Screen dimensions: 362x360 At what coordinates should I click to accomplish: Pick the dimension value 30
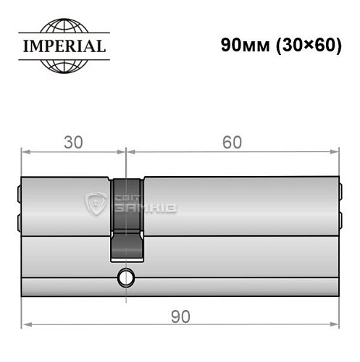[x=72, y=142]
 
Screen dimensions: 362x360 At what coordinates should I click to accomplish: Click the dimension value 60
[x=232, y=142]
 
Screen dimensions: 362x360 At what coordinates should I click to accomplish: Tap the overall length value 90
[x=180, y=316]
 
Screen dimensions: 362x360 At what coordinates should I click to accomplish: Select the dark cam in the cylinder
[x=127, y=217]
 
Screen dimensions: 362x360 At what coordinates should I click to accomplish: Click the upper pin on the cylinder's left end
[x=19, y=193]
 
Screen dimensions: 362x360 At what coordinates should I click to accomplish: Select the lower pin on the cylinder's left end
[x=19, y=218]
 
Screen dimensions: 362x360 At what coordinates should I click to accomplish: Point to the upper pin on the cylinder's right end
[x=340, y=193]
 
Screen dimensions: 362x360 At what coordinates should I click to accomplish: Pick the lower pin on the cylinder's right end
[x=340, y=218]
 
